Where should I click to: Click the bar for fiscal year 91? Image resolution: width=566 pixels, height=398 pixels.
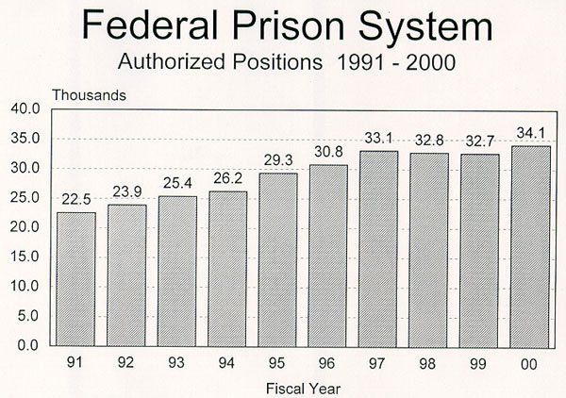pos(76,279)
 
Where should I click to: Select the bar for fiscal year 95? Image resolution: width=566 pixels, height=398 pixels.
pos(277,259)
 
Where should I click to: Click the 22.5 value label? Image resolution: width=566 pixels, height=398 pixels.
pos(76,199)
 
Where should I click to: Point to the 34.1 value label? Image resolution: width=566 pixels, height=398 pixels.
pos(528,132)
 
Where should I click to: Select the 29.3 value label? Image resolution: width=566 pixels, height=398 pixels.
pos(277,159)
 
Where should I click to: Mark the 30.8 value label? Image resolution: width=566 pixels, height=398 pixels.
pos(328,151)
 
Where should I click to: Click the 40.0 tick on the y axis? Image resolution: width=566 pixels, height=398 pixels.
pos(25,109)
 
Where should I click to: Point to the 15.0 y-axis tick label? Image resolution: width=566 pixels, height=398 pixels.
pos(25,257)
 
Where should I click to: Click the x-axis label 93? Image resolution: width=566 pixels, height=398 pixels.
pos(177,362)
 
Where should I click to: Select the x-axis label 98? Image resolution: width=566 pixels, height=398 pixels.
pos(428,362)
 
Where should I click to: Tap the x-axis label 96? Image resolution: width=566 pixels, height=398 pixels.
pos(328,362)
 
